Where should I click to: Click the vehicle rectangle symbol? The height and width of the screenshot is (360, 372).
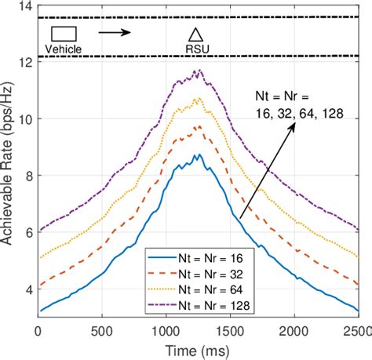pos(64,33)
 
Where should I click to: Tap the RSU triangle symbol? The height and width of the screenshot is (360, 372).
pos(195,34)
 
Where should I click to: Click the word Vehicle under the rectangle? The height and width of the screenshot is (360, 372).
pos(64,49)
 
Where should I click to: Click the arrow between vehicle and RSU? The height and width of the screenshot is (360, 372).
pos(115,33)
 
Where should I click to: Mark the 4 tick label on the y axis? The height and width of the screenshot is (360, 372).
pos(27,289)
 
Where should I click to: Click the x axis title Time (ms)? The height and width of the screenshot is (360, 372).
pos(198,347)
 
